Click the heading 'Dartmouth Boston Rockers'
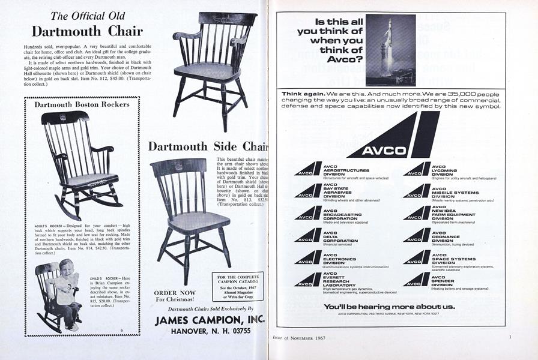pos(82,104)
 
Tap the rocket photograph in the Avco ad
pos(390,50)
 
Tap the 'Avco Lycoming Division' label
pos(445,172)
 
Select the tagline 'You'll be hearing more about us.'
pos(390,306)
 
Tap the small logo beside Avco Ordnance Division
pos(417,235)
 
